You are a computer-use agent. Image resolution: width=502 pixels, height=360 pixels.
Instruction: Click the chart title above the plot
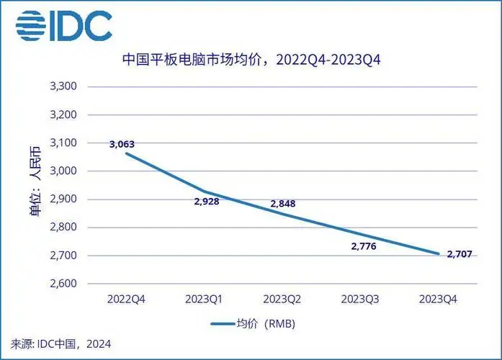[x=251, y=60]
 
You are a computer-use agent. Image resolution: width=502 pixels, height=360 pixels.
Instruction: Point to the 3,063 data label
[x=122, y=144]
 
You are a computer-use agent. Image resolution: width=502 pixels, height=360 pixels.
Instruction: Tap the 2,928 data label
[x=206, y=201]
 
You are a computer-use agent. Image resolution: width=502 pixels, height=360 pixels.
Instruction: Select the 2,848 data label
[x=282, y=204]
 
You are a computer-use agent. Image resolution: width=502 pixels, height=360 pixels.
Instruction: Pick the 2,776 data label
[x=364, y=246]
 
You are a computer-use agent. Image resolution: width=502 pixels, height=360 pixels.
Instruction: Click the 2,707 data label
[x=462, y=253]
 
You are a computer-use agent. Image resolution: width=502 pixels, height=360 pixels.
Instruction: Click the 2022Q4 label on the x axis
[x=127, y=298]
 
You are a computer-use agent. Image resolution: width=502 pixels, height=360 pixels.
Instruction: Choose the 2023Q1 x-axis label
[x=205, y=298]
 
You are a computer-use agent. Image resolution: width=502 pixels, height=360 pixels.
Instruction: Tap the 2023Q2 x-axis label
[x=282, y=298]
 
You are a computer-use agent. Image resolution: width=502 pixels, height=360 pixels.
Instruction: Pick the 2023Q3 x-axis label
[x=359, y=298]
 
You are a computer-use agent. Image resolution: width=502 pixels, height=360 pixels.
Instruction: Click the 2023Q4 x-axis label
[x=437, y=298]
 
